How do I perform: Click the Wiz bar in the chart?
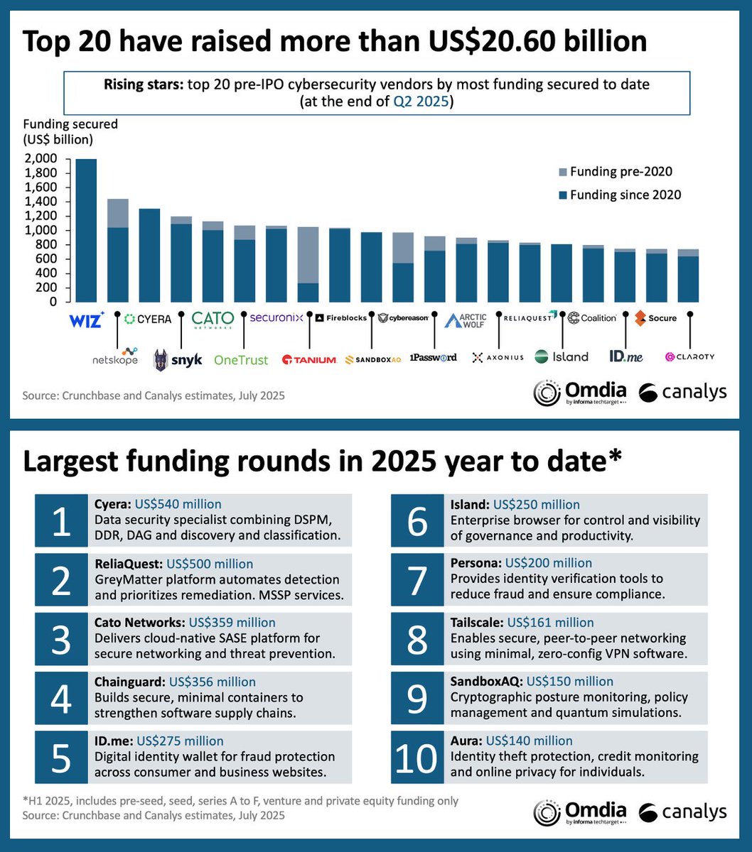point(86,230)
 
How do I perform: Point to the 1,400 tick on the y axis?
point(42,202)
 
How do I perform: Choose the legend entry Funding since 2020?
point(618,195)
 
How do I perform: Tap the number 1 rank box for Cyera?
point(61,520)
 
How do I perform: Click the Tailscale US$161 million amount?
point(550,623)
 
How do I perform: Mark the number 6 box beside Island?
point(417,520)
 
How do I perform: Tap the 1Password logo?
point(433,357)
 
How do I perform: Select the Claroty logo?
point(689,357)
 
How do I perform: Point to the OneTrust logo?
point(241,360)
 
